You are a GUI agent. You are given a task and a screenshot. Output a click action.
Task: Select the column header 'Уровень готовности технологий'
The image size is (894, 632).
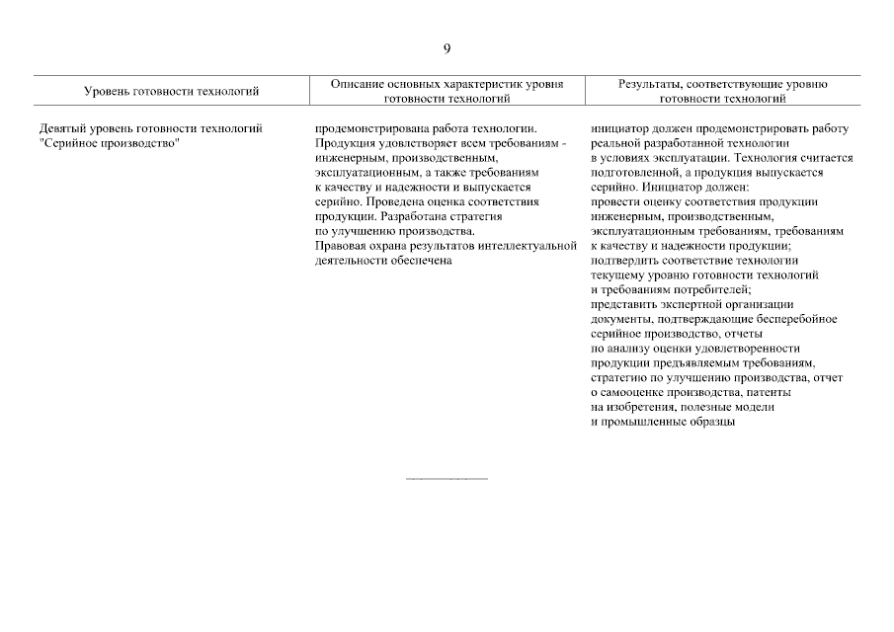click(x=171, y=92)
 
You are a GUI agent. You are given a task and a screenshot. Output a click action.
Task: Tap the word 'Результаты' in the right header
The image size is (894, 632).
click(x=650, y=85)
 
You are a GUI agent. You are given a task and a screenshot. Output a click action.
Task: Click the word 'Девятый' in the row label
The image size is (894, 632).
click(x=62, y=128)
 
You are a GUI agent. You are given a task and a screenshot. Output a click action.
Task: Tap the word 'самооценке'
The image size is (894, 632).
click(x=633, y=392)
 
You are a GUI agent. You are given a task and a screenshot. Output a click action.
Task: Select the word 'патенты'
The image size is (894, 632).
click(x=756, y=392)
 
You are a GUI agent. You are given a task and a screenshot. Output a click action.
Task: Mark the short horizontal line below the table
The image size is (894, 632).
click(x=447, y=480)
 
